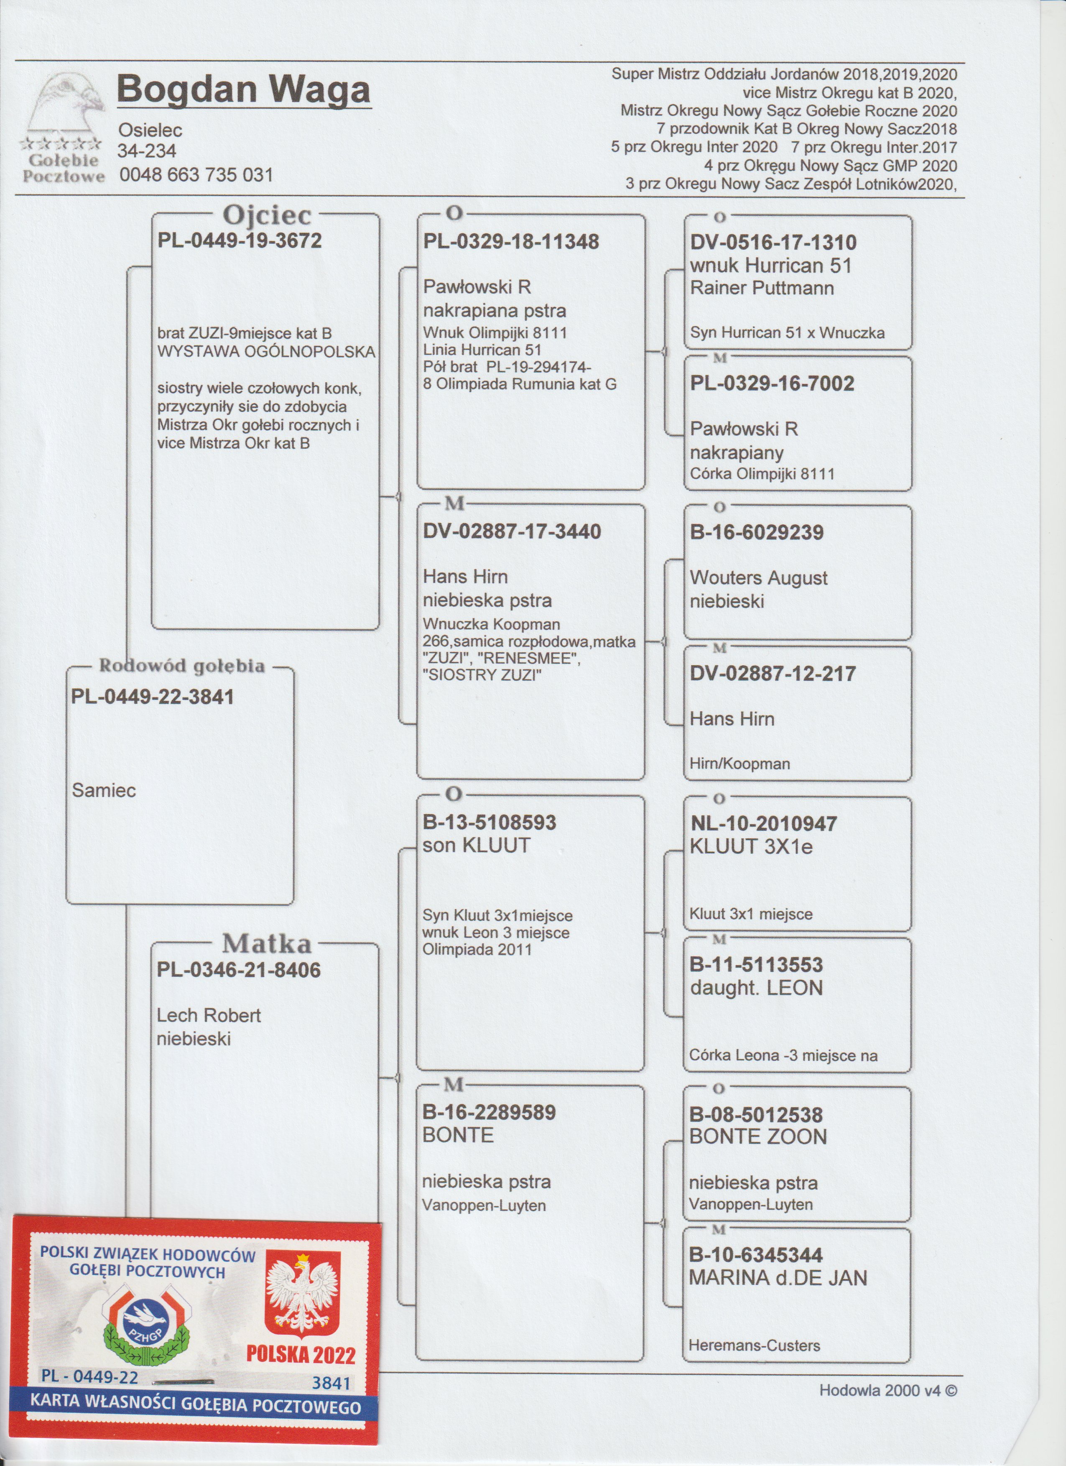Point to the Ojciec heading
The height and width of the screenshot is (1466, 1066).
coord(267,215)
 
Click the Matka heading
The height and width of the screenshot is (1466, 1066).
coord(267,944)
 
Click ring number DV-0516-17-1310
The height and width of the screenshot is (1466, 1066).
coord(773,243)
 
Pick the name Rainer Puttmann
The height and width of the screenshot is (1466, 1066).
coord(762,288)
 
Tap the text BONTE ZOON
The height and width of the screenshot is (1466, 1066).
coord(758,1137)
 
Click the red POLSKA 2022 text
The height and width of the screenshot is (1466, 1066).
coord(301,1356)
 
